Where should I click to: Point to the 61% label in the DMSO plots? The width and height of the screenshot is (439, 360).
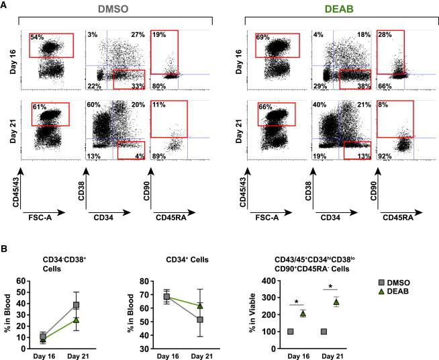click(37, 107)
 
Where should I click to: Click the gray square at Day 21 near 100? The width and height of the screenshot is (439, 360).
click(324, 331)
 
